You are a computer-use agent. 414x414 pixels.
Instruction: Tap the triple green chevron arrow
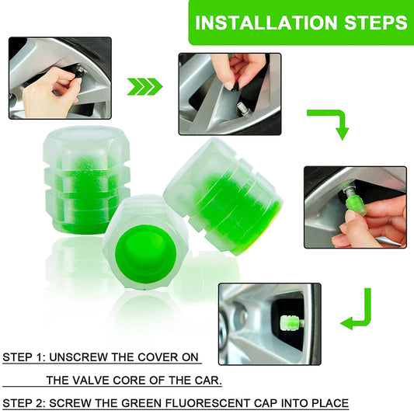[144, 85]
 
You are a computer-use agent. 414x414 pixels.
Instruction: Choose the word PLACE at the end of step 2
[328, 403]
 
